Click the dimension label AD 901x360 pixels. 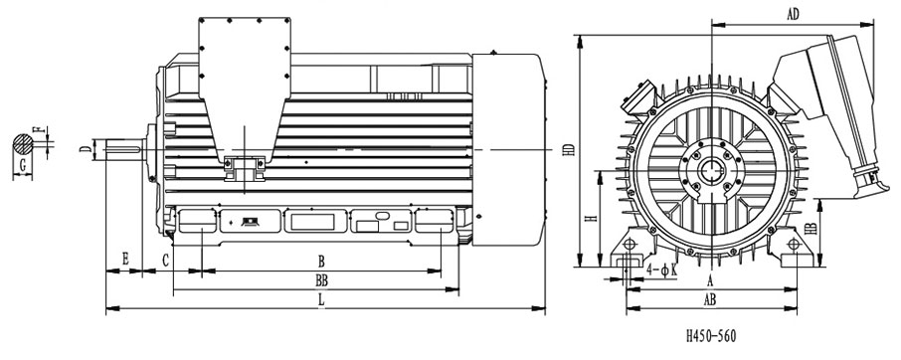click(793, 15)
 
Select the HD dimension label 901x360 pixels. click(569, 149)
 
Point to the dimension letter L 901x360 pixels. click(322, 299)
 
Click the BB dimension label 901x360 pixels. click(322, 280)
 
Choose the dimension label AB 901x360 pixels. click(710, 299)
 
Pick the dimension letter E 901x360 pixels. click(125, 260)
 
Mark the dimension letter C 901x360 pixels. click(165, 262)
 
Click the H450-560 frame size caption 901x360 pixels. click(711, 336)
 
